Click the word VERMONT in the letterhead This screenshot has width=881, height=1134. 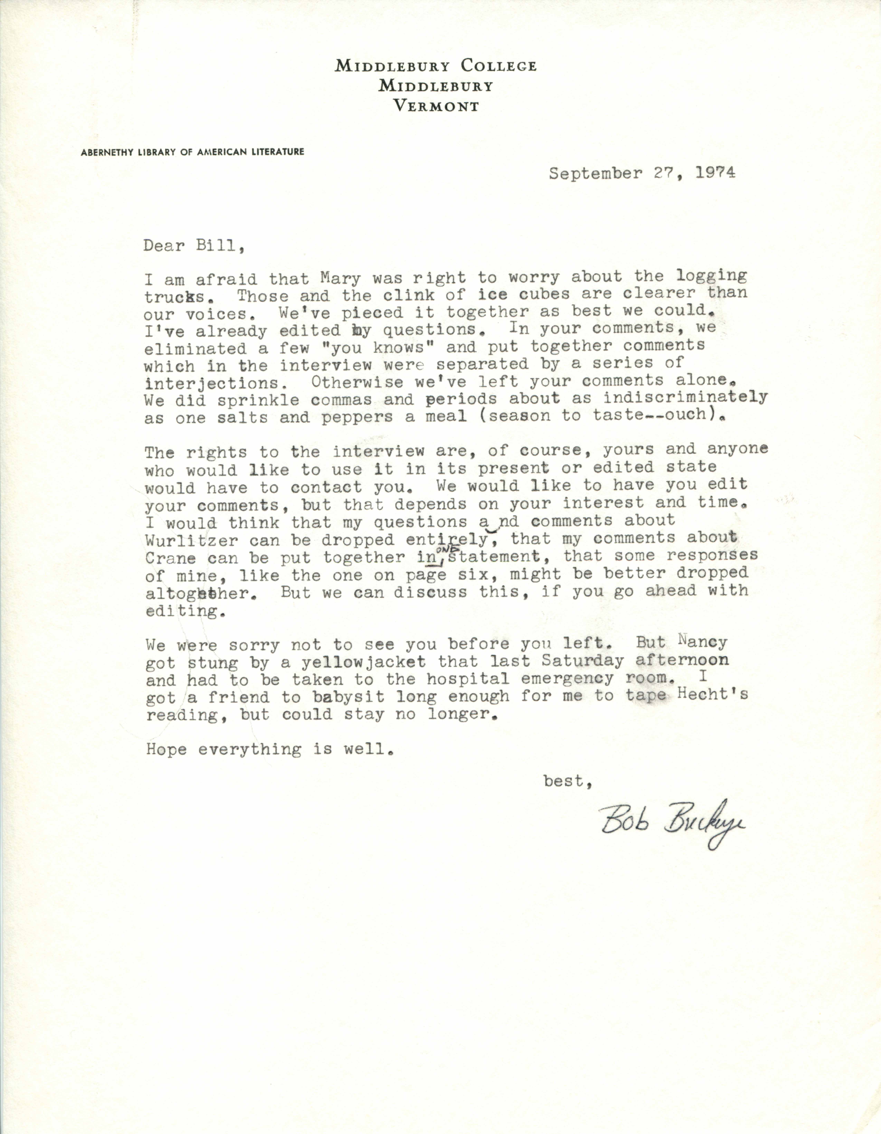click(x=436, y=106)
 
